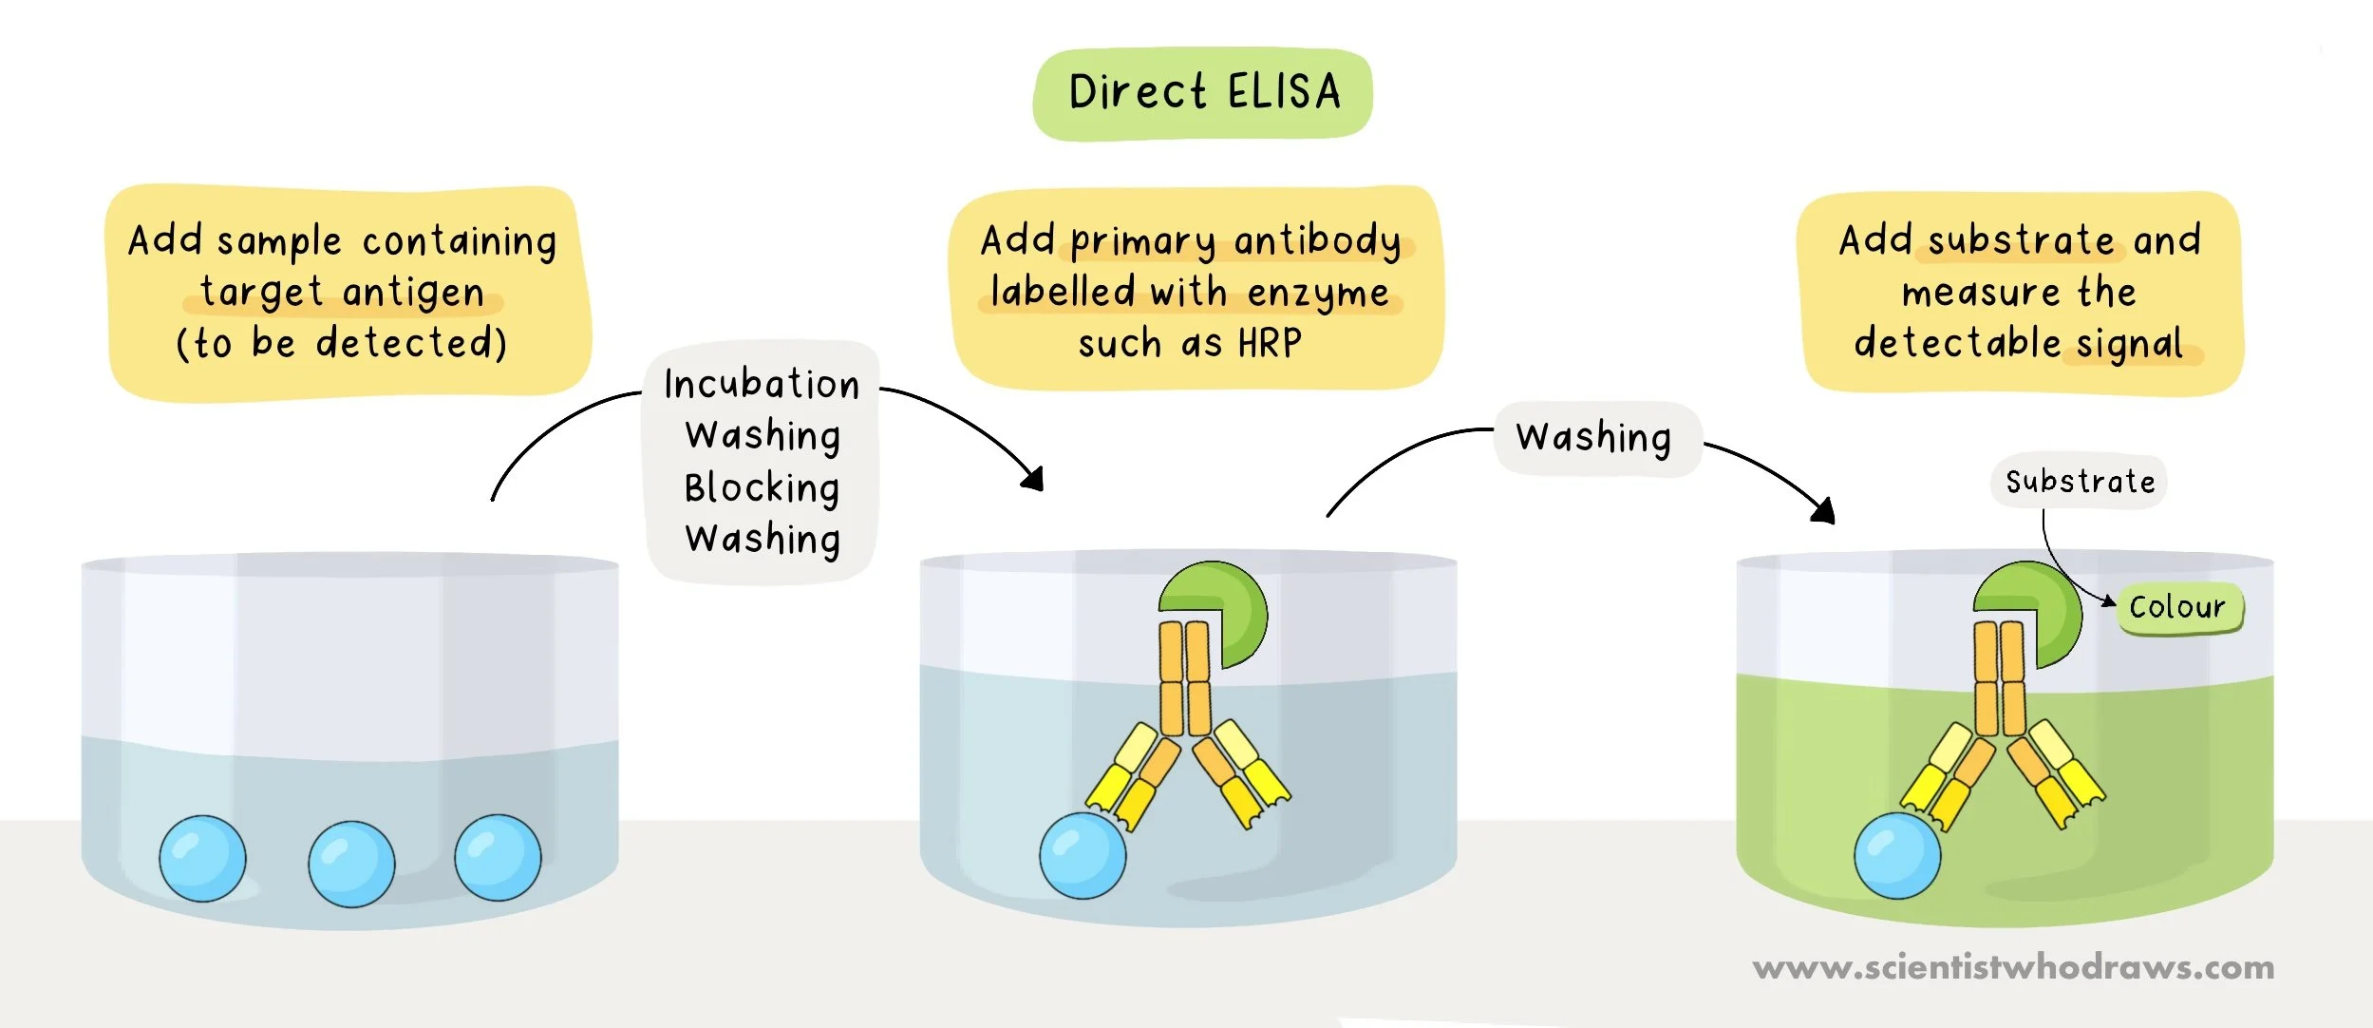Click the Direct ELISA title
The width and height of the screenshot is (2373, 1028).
1203,93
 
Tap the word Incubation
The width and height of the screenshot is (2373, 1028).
762,385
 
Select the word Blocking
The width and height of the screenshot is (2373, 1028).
762,488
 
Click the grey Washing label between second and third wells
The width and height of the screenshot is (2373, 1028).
1594,438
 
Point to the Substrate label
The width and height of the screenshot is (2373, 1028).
2080,482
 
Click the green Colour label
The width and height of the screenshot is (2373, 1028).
2177,607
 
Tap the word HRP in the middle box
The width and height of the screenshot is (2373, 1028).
1270,343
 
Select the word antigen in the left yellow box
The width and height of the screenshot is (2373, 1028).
414,293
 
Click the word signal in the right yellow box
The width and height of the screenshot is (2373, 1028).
2130,343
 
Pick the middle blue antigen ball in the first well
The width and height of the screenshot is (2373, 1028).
351,863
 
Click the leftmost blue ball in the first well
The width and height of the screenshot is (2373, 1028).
202,858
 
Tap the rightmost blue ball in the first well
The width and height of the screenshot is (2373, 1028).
498,857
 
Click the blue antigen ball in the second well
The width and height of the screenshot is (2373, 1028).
1083,855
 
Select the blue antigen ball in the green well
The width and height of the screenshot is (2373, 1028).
1897,855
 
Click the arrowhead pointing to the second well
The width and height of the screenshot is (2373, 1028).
1035,478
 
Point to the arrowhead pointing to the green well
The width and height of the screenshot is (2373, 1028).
1824,511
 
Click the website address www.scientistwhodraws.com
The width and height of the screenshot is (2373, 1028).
2013,967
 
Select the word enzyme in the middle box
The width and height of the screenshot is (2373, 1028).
1318,293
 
